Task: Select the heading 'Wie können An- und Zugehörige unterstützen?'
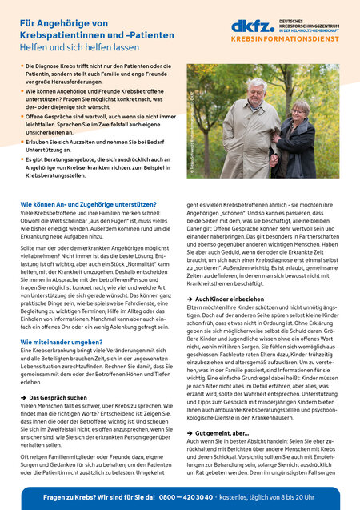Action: pos(94,206)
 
